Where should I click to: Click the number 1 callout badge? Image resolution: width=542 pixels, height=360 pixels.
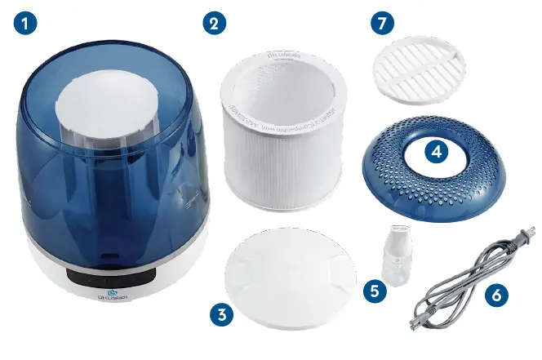[24, 24]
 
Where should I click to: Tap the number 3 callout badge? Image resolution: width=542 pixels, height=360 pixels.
[220, 313]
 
